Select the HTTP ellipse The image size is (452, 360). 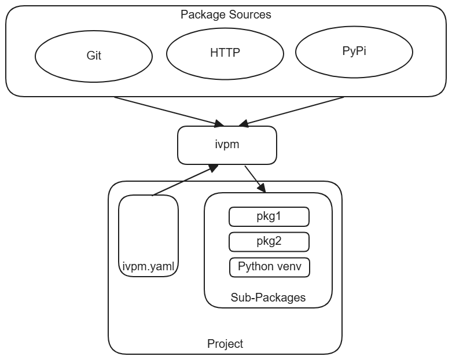point(225,53)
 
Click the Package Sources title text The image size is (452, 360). point(226,14)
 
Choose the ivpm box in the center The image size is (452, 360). point(226,145)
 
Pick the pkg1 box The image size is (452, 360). point(269,216)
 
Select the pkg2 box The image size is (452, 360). point(269,241)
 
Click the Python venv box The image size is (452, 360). point(269,267)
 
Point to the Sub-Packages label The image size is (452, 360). point(268,297)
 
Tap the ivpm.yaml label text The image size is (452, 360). point(148,267)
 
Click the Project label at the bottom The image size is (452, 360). point(225,344)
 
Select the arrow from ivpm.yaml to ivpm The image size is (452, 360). point(184,181)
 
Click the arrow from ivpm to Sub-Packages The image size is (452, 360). point(255,179)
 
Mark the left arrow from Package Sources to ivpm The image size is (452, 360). point(168,110)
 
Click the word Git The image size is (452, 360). point(93,57)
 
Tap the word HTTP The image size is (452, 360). point(225,53)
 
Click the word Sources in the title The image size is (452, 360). point(251,14)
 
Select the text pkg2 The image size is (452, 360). point(269,241)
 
